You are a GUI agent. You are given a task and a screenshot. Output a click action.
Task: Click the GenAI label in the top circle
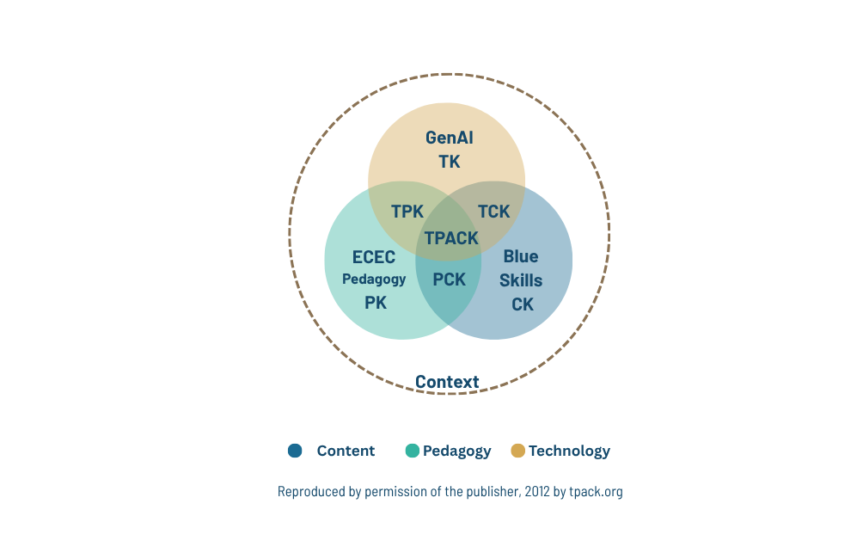tap(449, 138)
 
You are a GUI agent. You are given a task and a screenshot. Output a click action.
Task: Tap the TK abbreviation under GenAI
tap(449, 162)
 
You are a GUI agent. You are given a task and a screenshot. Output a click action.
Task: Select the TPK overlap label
tap(407, 212)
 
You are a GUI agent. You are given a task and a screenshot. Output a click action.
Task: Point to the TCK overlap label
tap(493, 212)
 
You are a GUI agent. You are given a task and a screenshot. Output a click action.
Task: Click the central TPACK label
tap(451, 238)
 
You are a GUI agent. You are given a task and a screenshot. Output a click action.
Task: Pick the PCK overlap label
tap(449, 279)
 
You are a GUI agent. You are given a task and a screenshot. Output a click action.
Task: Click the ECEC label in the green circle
tap(374, 257)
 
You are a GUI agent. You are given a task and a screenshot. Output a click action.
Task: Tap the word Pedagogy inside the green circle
tap(374, 279)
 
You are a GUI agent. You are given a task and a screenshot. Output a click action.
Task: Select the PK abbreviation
tap(376, 303)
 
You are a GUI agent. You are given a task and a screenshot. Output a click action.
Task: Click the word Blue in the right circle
tap(521, 256)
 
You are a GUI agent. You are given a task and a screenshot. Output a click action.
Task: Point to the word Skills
tap(521, 281)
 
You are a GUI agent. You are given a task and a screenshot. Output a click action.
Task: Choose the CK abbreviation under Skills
tap(523, 304)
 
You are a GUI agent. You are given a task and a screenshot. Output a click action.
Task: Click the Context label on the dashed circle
tap(447, 382)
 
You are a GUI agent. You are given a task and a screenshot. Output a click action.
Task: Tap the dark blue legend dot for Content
tap(295, 451)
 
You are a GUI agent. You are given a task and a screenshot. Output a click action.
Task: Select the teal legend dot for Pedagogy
tap(413, 451)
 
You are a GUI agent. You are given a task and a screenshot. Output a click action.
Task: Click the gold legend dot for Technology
tap(518, 451)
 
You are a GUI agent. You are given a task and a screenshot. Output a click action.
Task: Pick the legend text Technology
tap(570, 451)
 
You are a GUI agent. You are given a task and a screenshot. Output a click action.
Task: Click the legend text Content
tap(346, 451)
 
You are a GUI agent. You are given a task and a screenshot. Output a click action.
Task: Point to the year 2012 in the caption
tap(537, 491)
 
